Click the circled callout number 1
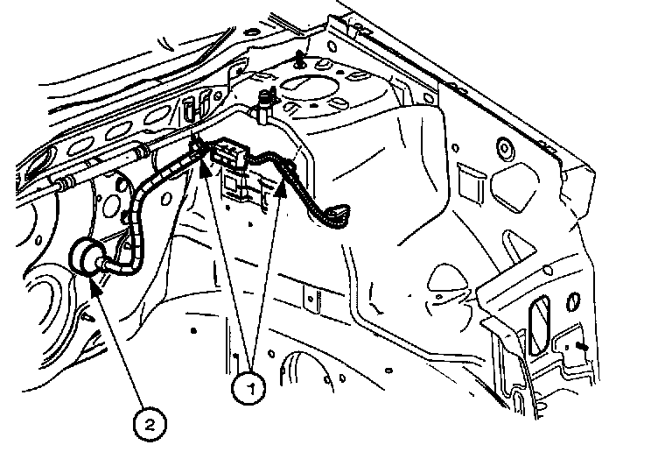tap(248, 388)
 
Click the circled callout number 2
tap(150, 424)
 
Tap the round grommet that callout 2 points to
tap(86, 257)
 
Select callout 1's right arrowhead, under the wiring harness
tap(282, 188)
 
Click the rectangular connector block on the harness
tap(229, 152)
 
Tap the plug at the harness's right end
tap(337, 215)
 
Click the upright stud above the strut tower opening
tap(299, 59)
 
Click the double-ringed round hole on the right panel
tap(506, 148)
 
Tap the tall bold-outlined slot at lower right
tap(540, 325)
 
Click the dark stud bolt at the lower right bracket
tap(582, 346)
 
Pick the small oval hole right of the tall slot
tap(574, 301)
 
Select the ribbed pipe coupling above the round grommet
tap(64, 183)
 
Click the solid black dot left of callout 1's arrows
tap(193, 330)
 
